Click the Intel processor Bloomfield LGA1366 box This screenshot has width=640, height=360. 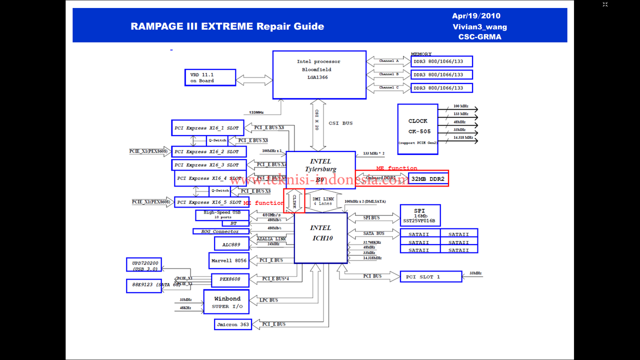[x=319, y=74]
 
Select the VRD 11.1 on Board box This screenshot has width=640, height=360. [x=210, y=77]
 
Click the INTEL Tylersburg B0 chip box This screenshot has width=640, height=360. [x=320, y=169]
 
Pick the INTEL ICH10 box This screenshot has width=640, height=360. [x=320, y=237]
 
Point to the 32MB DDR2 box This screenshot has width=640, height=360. [x=427, y=178]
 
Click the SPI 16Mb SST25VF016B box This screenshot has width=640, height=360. [x=420, y=215]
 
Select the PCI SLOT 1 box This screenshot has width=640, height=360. [x=430, y=276]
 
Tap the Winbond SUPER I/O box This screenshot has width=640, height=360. [x=226, y=302]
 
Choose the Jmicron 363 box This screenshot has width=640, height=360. [x=232, y=324]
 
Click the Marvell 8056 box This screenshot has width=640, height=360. [x=228, y=260]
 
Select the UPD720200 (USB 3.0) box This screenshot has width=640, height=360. [x=144, y=265]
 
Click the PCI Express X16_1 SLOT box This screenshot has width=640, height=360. [x=207, y=128]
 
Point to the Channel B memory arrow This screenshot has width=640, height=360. [x=388, y=74]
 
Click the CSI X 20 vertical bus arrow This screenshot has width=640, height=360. [x=318, y=125]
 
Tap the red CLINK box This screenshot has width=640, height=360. [x=294, y=200]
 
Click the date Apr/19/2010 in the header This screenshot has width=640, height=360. [x=476, y=16]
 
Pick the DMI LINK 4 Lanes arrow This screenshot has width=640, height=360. [x=323, y=201]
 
